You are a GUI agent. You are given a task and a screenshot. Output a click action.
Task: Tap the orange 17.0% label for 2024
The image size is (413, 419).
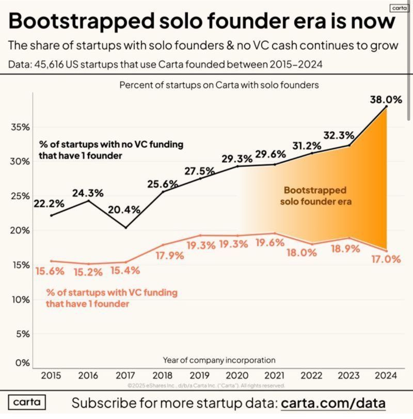click(386, 259)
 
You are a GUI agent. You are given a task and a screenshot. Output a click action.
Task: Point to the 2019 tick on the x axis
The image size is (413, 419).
click(200, 376)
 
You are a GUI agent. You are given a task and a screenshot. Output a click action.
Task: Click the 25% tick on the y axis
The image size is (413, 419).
click(20, 196)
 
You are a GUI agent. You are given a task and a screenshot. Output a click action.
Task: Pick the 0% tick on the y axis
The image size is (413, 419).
click(22, 363)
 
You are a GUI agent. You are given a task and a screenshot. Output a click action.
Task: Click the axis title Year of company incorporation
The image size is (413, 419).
click(219, 360)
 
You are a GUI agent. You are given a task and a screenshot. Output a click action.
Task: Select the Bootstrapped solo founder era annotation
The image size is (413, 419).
click(315, 196)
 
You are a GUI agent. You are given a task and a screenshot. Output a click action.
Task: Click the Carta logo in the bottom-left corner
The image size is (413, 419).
click(27, 402)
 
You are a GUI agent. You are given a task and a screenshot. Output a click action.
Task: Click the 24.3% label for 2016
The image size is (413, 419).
click(88, 193)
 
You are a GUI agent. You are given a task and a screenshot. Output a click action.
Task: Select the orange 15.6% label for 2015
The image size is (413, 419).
click(50, 270)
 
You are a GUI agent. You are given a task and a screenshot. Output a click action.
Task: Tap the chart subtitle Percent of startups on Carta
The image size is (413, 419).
click(219, 84)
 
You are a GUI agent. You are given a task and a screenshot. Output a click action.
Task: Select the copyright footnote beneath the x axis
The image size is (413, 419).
click(206, 385)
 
